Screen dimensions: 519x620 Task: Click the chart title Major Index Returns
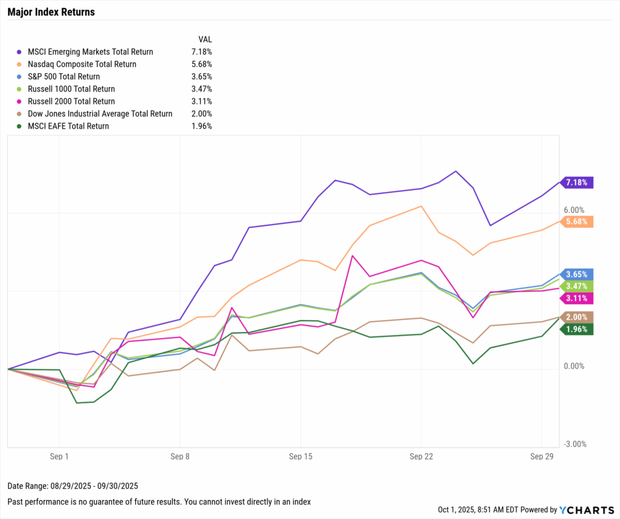[51, 12]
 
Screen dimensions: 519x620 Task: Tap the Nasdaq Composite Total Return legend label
[82, 64]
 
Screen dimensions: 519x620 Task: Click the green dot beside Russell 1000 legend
[21, 90]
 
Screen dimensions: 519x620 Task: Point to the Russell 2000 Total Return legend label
[71, 102]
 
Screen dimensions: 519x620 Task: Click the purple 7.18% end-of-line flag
[577, 182]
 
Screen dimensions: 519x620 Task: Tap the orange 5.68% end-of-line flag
[577, 221]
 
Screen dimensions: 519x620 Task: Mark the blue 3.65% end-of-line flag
[577, 274]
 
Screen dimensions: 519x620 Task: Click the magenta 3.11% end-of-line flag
[577, 298]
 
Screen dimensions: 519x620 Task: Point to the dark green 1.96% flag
[577, 329]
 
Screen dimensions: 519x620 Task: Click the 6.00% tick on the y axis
[574, 210]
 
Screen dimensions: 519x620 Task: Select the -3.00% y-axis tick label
[574, 444]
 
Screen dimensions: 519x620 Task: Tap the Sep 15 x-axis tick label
[301, 457]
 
